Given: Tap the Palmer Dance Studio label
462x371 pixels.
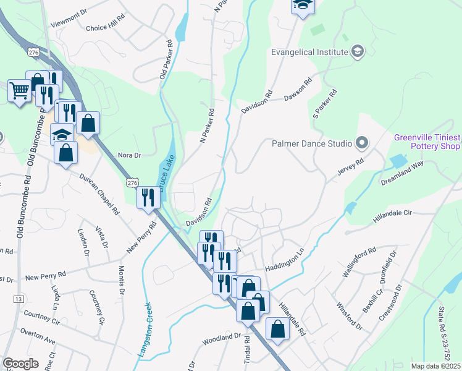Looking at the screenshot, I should [x=311, y=143].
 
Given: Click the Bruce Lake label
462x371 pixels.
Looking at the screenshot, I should [x=165, y=176].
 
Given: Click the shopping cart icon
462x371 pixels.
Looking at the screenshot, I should [x=19, y=92].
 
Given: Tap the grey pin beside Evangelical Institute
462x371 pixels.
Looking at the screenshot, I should [x=358, y=52].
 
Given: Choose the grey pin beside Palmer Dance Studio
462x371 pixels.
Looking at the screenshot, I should [x=361, y=143].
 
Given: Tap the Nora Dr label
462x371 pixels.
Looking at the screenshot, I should [x=130, y=155].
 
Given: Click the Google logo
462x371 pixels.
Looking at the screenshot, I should [x=20, y=363].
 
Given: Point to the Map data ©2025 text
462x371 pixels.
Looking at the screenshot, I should [x=435, y=366].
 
